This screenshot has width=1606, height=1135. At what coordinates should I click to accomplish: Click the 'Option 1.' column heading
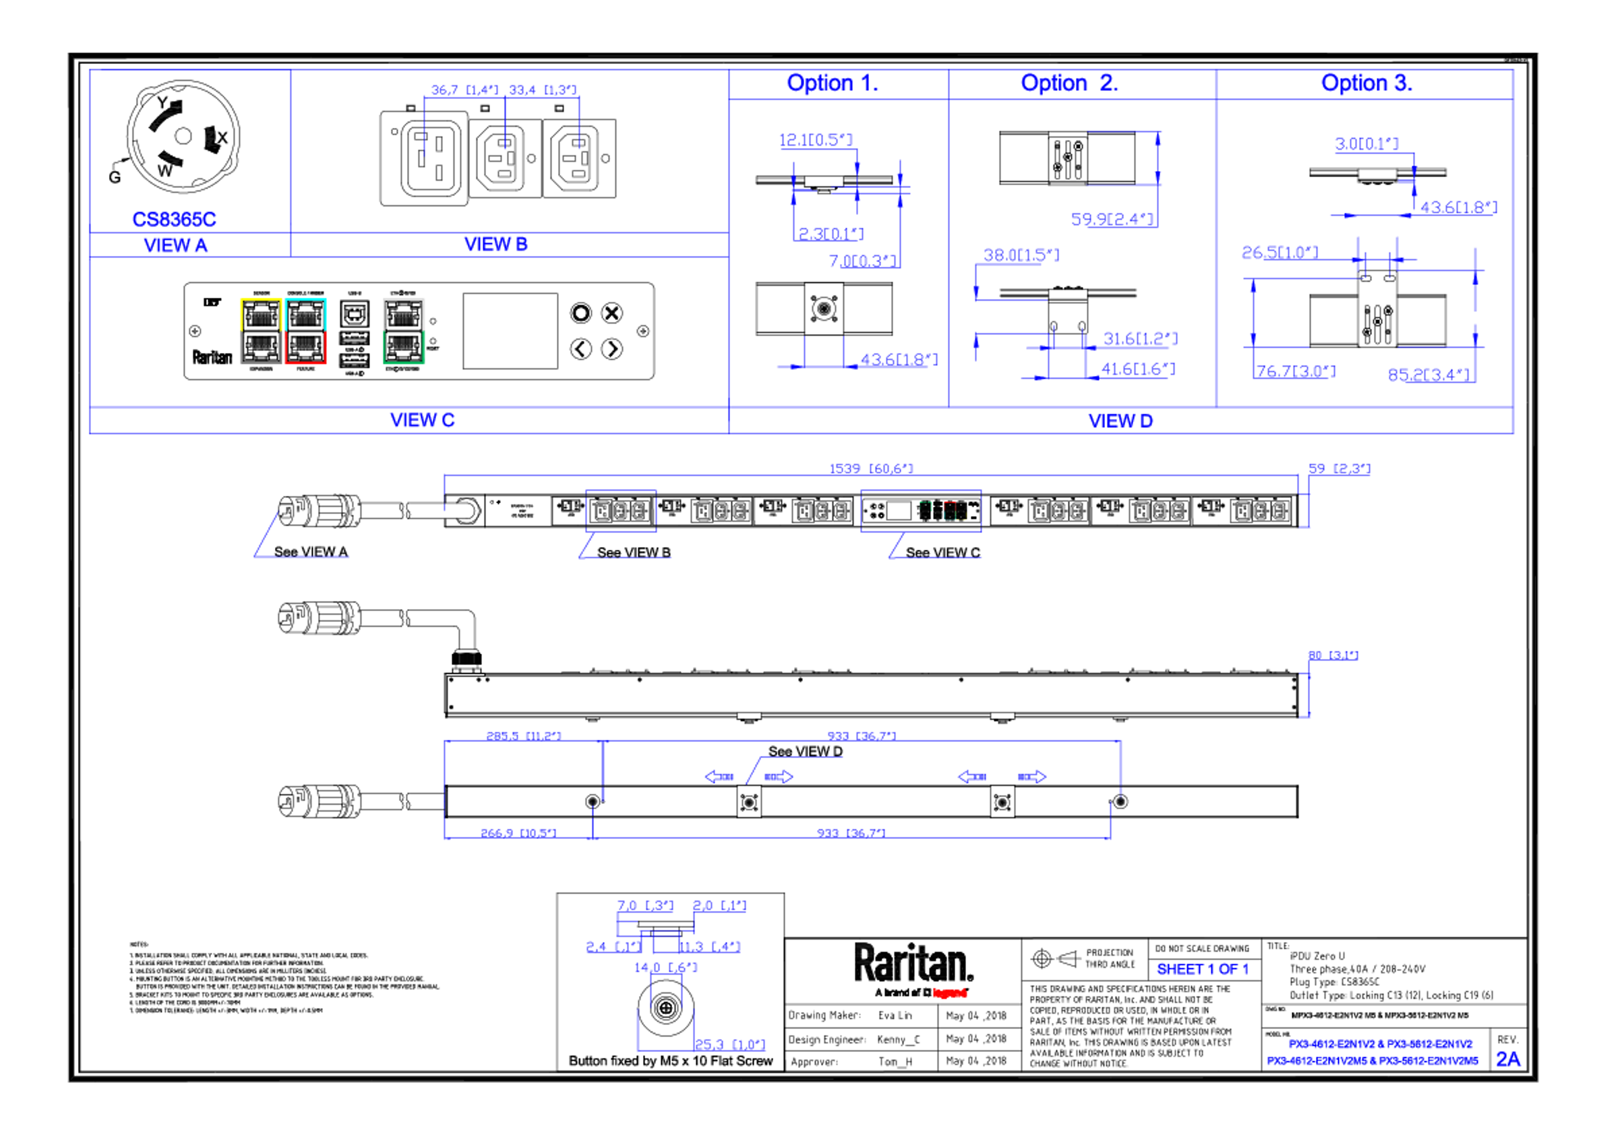832,83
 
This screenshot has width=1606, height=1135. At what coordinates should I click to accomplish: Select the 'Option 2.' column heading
1069,83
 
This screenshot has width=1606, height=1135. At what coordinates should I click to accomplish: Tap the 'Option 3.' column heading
1366,83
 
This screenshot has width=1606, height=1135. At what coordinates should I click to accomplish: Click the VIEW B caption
496,244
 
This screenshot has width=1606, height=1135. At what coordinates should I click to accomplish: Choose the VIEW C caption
422,420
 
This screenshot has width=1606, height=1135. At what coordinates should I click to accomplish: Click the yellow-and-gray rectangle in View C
261,331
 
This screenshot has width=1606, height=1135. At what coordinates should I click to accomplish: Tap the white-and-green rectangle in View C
404,331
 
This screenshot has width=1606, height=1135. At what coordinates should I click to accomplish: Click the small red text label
950,993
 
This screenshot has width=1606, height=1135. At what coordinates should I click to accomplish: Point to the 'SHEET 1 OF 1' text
1202,970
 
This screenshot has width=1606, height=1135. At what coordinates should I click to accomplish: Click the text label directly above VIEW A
174,219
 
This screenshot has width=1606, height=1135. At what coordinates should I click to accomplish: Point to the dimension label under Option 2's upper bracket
1114,219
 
